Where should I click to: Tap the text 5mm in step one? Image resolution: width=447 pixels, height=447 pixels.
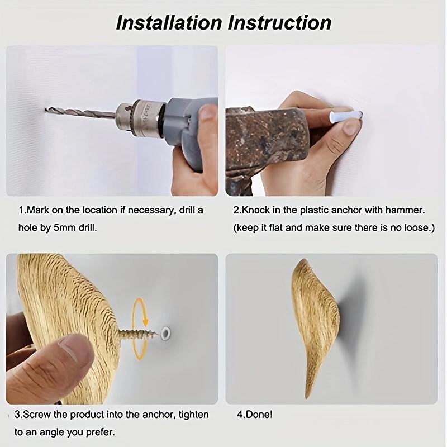[x=61, y=229]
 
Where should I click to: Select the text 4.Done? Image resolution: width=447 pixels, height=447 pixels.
[x=255, y=415]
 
